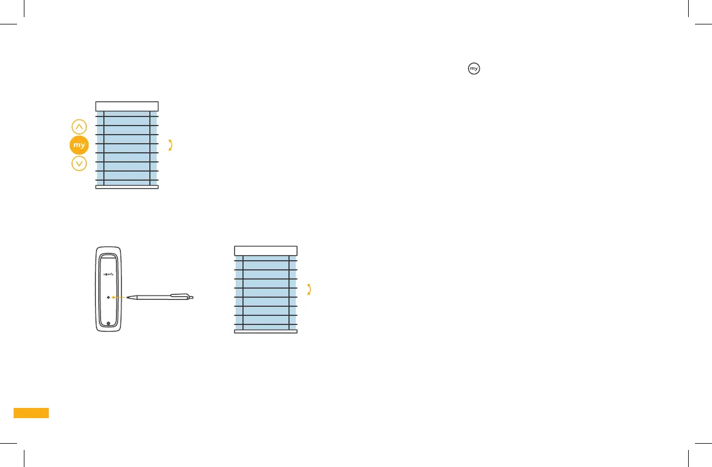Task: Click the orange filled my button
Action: [x=79, y=145]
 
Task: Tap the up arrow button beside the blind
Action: [x=79, y=127]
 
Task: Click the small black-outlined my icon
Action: [x=474, y=69]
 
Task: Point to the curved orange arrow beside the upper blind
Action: [x=170, y=145]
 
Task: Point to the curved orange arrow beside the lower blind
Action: [x=309, y=290]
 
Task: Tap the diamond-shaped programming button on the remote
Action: [x=108, y=297]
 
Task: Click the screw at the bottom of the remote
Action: [x=108, y=324]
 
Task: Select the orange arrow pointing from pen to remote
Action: [x=118, y=297]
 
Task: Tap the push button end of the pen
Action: [x=191, y=297]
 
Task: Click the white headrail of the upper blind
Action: [x=127, y=106]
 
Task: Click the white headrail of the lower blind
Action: [x=266, y=251]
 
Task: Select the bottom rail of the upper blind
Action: [x=127, y=186]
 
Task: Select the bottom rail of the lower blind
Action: [x=266, y=331]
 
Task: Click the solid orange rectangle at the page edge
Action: [x=31, y=413]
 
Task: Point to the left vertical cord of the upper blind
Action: [x=104, y=148]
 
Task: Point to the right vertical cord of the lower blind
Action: [x=289, y=293]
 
